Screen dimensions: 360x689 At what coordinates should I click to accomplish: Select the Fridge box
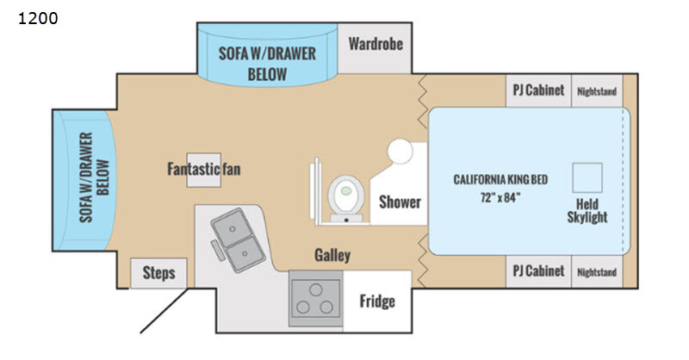coord(376,301)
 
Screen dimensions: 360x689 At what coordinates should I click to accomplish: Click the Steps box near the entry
coord(158,274)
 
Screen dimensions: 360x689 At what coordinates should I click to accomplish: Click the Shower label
coord(400,202)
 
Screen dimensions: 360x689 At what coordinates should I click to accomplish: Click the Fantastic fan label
coord(203,169)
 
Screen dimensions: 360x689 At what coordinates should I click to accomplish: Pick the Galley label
coord(332,255)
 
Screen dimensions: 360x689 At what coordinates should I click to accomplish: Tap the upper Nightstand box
coord(597,90)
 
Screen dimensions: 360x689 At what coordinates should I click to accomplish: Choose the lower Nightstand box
coord(597,272)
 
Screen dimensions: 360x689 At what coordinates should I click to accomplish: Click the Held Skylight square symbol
coord(590,177)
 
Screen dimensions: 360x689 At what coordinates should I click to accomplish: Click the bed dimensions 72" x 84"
coord(500,196)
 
